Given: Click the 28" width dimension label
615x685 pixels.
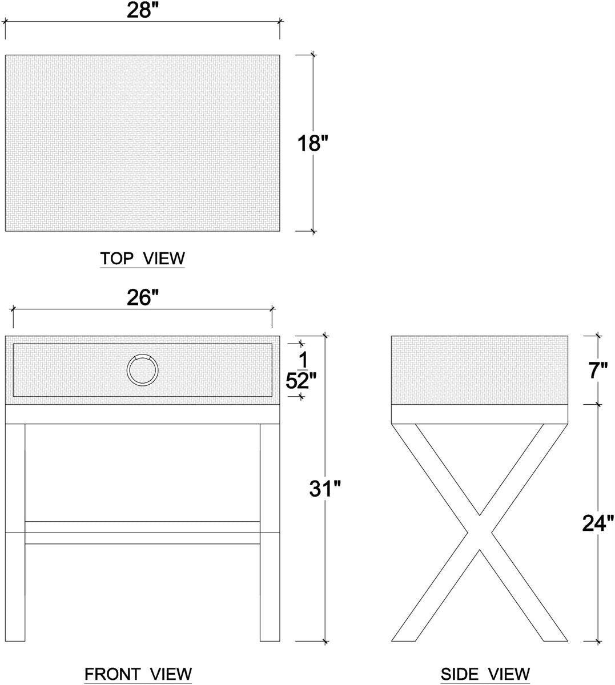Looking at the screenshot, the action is point(142,10).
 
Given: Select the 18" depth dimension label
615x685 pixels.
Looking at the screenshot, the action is point(312,143).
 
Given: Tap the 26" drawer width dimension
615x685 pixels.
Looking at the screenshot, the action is point(142,297).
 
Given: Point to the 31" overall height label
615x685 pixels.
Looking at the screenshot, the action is point(325,488).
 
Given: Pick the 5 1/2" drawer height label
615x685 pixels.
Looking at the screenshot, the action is point(301,370).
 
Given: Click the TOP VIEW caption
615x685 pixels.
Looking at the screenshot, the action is point(142,259).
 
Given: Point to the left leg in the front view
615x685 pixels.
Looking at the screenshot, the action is point(15,533).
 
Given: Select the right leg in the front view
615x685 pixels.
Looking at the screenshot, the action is point(270,533).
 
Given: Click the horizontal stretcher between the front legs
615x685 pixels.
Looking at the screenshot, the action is point(142,533).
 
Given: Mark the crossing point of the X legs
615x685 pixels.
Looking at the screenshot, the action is point(479,533).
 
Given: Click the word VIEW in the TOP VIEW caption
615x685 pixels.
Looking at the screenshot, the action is point(164,259).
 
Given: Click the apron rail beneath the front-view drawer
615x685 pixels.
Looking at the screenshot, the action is point(142,414).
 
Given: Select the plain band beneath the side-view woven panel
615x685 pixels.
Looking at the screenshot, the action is point(479,414).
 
